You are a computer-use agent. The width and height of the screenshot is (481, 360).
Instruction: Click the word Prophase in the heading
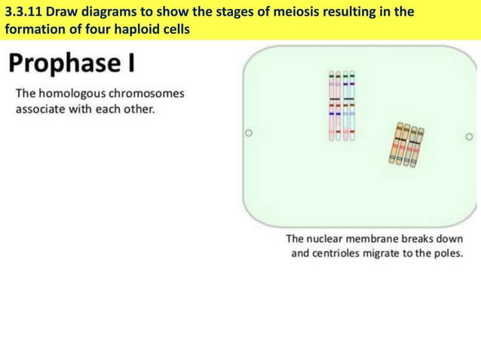coord(63,65)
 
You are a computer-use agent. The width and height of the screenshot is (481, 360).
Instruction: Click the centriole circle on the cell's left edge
coord(247,137)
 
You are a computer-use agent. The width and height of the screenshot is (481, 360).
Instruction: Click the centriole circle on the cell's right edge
coord(468,137)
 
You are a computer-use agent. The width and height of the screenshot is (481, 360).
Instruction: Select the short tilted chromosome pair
coord(406,144)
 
